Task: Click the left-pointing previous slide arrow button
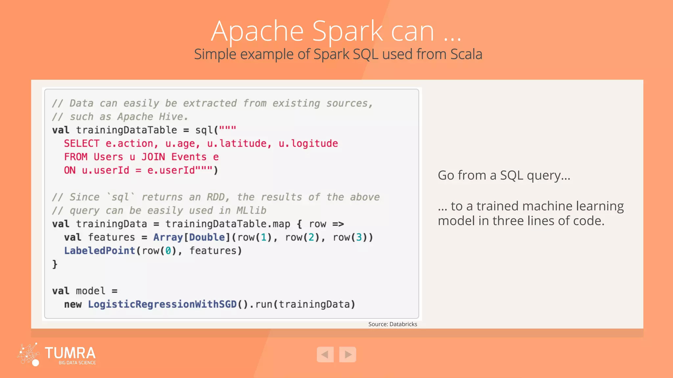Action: [325, 354]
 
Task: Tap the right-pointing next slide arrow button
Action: [348, 354]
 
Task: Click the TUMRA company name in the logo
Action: [70, 353]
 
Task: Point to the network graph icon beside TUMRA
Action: [29, 354]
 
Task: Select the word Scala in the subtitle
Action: [466, 54]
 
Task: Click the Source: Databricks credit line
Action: [392, 324]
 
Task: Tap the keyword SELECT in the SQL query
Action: [81, 143]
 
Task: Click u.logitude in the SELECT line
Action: [308, 143]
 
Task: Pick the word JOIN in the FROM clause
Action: [153, 157]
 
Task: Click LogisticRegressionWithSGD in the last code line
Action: [162, 304]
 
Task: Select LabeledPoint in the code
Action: [100, 251]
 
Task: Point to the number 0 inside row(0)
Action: [168, 251]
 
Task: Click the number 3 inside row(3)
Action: [359, 237]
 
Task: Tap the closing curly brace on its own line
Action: [55, 264]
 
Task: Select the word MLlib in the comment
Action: [251, 210]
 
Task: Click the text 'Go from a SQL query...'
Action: [504, 176]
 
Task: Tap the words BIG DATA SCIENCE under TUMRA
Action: [77, 363]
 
